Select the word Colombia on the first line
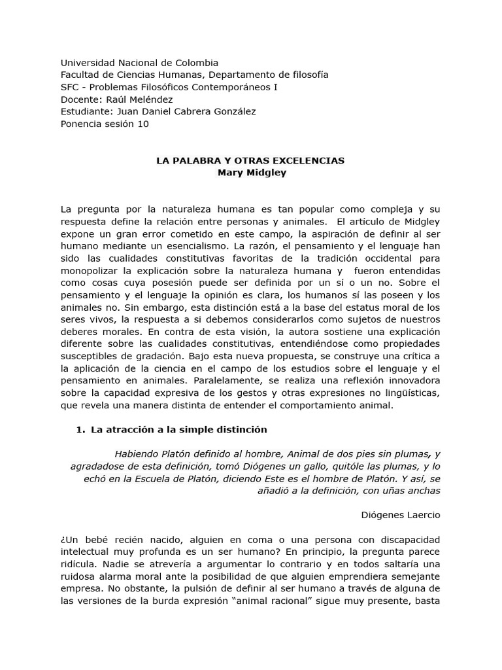[x=197, y=63]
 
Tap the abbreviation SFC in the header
[x=69, y=87]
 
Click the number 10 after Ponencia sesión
[x=142, y=124]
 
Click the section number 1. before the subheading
[x=81, y=430]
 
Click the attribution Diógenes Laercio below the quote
[x=401, y=515]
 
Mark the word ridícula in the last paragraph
[x=78, y=564]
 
